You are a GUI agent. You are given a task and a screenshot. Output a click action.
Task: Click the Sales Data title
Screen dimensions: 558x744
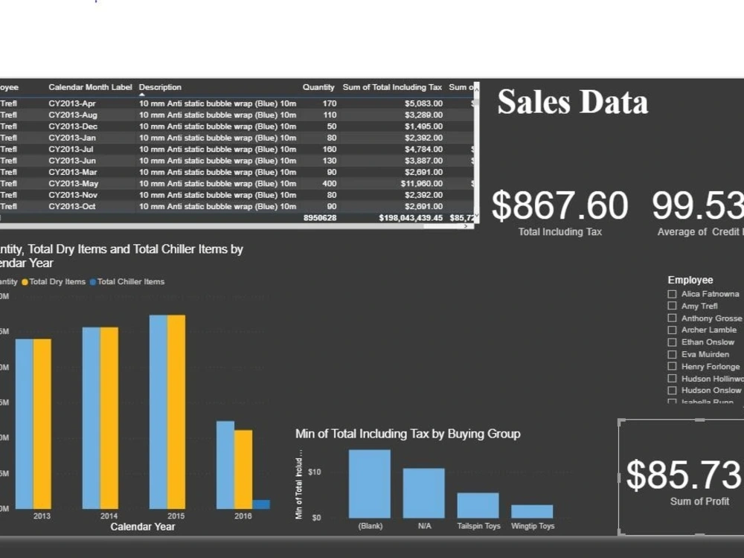coord(572,102)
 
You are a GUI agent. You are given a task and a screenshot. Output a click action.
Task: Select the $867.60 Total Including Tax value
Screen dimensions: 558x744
coord(559,206)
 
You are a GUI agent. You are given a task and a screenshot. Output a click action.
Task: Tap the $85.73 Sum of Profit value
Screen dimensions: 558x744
coord(684,475)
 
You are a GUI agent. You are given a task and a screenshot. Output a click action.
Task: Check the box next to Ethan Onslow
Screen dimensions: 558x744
coord(673,342)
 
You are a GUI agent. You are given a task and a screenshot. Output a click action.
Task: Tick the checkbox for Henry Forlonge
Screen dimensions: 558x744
coord(673,367)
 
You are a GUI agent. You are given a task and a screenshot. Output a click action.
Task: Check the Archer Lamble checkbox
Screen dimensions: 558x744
coord(673,330)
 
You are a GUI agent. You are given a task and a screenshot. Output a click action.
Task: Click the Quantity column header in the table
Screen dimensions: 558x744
coord(318,88)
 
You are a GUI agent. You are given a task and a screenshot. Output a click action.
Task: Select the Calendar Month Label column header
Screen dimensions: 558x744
coord(90,88)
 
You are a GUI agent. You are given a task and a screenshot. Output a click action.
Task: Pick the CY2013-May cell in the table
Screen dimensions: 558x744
coord(73,184)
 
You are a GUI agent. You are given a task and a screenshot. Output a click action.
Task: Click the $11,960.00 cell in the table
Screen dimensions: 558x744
coord(422,184)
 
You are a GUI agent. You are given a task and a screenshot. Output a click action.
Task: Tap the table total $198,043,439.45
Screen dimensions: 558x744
coord(410,218)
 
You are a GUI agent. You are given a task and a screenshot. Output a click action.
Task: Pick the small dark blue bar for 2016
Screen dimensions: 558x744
coord(261,504)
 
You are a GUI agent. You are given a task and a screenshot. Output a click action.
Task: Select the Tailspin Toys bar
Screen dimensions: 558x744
coord(478,505)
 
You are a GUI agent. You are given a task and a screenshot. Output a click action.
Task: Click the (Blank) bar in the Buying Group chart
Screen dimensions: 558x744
coord(370,484)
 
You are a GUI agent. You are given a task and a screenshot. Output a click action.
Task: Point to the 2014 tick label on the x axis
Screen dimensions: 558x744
coord(109,516)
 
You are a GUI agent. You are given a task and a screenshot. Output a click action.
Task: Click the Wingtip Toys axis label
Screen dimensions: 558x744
coord(532,526)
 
